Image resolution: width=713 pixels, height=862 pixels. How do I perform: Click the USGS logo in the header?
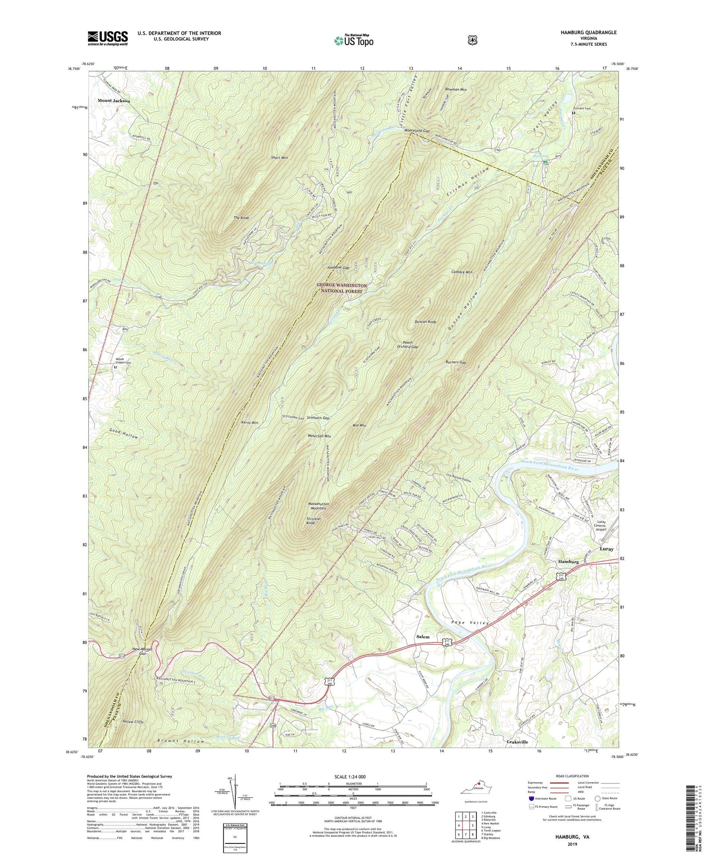click(107, 38)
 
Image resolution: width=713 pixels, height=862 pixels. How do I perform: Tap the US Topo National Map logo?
click(354, 40)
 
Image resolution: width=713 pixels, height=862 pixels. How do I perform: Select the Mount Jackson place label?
click(114, 101)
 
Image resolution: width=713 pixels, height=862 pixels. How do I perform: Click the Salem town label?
click(423, 637)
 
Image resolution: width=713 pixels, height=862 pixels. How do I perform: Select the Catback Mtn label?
click(461, 272)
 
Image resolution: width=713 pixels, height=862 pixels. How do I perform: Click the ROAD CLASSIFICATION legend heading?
click(570, 776)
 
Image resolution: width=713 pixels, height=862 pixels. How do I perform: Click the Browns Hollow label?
click(181, 741)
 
